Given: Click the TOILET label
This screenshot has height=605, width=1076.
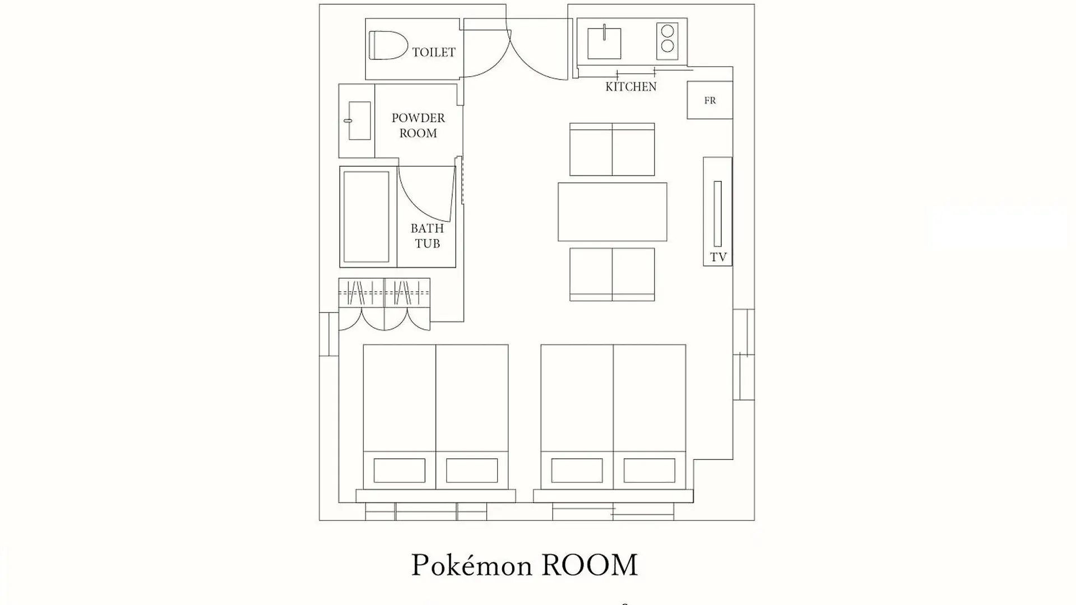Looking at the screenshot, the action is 434,52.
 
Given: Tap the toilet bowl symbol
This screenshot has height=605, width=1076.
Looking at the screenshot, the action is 388,45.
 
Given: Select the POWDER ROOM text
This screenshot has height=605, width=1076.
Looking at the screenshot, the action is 418,125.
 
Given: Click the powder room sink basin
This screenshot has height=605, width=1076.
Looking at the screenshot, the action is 359,120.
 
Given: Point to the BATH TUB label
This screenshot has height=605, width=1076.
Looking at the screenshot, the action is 427,236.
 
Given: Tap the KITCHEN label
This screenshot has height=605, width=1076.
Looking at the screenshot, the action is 631,86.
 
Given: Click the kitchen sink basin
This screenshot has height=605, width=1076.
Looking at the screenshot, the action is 604,43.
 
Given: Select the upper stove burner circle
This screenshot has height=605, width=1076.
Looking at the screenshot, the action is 667,31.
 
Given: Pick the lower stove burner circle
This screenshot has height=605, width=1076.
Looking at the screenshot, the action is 667,46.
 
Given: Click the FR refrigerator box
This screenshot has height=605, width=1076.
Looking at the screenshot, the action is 710,100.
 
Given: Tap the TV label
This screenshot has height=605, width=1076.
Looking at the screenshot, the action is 718,257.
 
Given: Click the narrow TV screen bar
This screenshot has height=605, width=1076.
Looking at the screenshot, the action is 718,213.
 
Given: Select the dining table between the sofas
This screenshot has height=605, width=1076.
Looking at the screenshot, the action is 613,212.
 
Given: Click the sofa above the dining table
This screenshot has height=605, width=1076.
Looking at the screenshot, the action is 612,150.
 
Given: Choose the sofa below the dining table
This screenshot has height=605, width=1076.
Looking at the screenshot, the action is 612,274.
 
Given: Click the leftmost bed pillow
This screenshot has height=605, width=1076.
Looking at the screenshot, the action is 399,471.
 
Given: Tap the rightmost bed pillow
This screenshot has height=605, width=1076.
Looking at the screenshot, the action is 649,471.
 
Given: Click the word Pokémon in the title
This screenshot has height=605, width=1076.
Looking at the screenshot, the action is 471,565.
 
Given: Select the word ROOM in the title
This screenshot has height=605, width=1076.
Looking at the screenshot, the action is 590,565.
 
